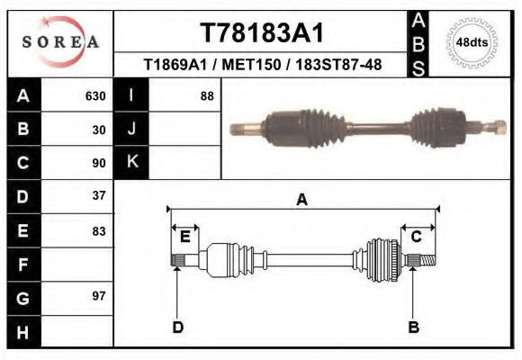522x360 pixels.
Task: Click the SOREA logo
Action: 59,43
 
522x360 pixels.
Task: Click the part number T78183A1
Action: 261,32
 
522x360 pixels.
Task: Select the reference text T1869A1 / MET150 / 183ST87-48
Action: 261,65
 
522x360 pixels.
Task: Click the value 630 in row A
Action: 95,96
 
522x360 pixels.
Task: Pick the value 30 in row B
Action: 100,130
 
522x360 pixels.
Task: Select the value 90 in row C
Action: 100,163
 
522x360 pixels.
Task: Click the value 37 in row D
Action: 100,195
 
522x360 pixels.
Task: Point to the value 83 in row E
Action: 100,229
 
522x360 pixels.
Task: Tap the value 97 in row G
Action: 100,296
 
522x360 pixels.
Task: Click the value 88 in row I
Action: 206,96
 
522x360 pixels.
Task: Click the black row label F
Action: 23,264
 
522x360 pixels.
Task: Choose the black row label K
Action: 131,163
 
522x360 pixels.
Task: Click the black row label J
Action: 131,130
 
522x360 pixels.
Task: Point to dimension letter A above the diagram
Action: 302,200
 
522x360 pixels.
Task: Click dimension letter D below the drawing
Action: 178,327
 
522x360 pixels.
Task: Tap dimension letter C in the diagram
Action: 417,237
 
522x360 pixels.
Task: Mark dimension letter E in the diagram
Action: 184,237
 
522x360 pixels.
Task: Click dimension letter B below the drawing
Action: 414,327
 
